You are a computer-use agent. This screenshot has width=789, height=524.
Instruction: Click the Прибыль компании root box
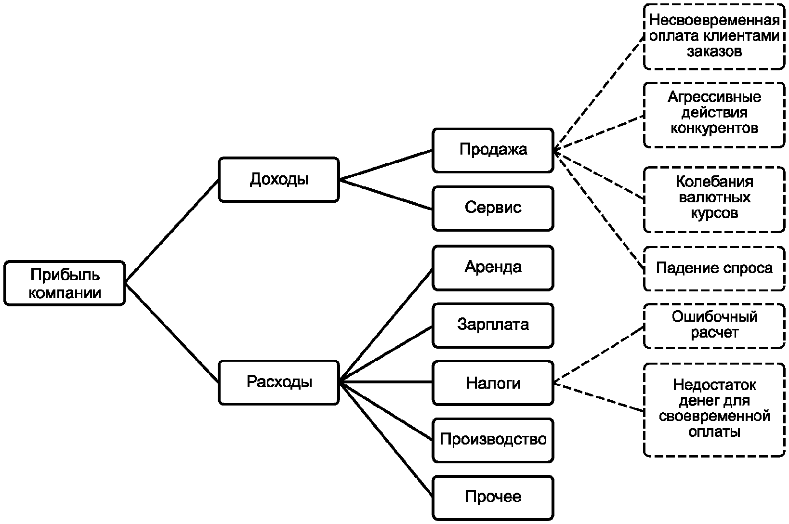[x=65, y=283]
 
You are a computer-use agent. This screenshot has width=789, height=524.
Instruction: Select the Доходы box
[x=278, y=180]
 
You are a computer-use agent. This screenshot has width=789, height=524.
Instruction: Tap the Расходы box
[x=278, y=382]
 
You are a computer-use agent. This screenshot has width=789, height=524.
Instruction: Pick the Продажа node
[x=493, y=150]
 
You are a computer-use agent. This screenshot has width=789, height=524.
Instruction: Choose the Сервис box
[x=493, y=209]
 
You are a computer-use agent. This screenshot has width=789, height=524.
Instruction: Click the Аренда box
[x=493, y=268]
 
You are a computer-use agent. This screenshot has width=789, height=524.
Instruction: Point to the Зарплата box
[x=493, y=326]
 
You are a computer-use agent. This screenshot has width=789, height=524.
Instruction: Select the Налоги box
[x=493, y=383]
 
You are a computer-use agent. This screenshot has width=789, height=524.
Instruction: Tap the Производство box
[x=493, y=440]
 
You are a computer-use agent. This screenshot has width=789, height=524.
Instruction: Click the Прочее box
[x=493, y=498]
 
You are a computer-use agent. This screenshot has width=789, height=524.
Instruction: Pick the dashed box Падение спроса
[x=714, y=269]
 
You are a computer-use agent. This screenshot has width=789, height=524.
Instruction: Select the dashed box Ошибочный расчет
[x=714, y=326]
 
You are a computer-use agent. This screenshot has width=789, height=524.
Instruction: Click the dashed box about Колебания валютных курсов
[x=714, y=200]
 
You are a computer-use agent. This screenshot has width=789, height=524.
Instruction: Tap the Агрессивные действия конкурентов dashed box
[x=714, y=115]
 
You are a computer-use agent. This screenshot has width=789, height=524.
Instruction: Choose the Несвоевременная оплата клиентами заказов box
[x=714, y=37]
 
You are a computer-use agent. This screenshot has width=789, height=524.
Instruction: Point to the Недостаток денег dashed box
[x=714, y=410]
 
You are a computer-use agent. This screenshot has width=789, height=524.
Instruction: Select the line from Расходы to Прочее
[x=386, y=440]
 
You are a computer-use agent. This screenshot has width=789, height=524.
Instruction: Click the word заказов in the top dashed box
[x=714, y=52]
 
